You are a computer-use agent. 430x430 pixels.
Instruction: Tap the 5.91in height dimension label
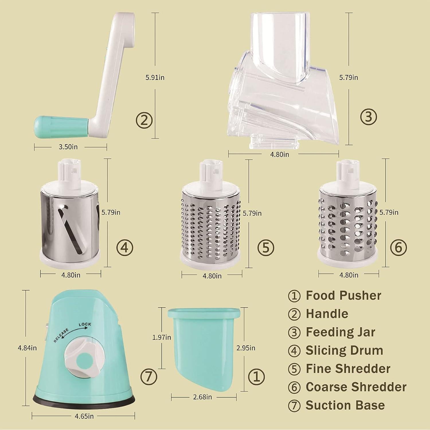(x=155, y=77)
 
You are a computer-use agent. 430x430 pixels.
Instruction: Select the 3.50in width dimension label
(x=68, y=147)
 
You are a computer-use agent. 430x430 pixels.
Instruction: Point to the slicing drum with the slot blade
(x=70, y=221)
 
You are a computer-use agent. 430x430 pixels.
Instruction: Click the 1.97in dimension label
(x=162, y=337)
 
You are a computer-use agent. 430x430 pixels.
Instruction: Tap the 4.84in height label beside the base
(x=27, y=348)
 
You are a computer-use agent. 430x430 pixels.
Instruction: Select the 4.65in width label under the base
(x=84, y=416)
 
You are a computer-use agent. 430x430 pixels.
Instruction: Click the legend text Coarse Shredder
(x=356, y=387)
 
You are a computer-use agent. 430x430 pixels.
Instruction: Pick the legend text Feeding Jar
(x=340, y=332)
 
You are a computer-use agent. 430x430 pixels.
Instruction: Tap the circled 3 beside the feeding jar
(x=368, y=117)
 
